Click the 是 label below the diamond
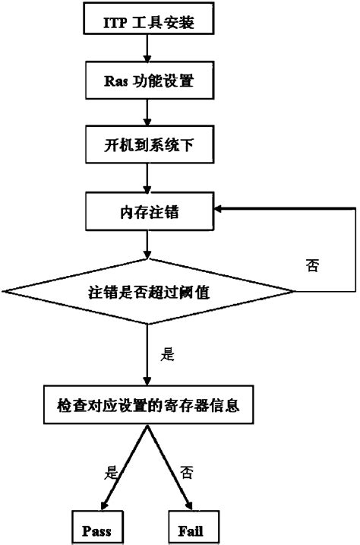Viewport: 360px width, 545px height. click(169, 353)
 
